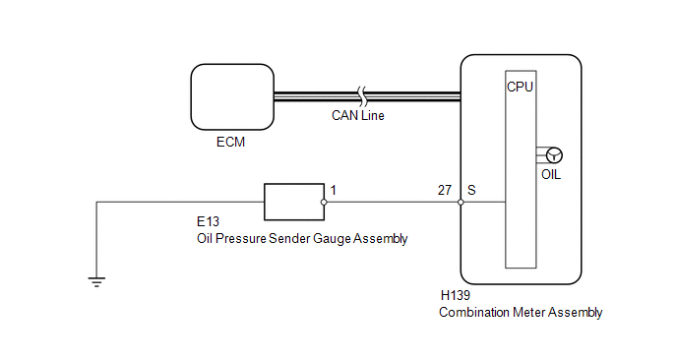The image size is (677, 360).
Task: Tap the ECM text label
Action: (x=230, y=142)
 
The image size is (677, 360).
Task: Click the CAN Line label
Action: (x=358, y=116)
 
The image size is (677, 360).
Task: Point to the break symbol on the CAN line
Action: (x=362, y=96)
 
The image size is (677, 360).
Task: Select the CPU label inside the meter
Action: (x=520, y=87)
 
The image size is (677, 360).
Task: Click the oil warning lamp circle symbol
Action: (x=554, y=155)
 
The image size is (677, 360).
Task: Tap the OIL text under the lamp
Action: (x=551, y=174)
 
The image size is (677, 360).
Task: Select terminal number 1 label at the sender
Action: (x=334, y=190)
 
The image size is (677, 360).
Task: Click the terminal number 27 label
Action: (x=445, y=190)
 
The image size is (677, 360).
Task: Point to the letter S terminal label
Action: (x=471, y=190)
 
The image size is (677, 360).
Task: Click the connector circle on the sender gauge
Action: (x=324, y=202)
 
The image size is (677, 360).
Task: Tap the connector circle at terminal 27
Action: (x=461, y=202)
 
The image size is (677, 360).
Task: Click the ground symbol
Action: (x=96, y=282)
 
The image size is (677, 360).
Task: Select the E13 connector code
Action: (x=208, y=221)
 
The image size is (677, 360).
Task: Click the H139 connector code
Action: (x=455, y=295)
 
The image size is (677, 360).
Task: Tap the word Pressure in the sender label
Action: (x=240, y=238)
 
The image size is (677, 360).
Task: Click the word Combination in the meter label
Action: (x=474, y=312)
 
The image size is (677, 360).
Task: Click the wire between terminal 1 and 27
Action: (x=392, y=202)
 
